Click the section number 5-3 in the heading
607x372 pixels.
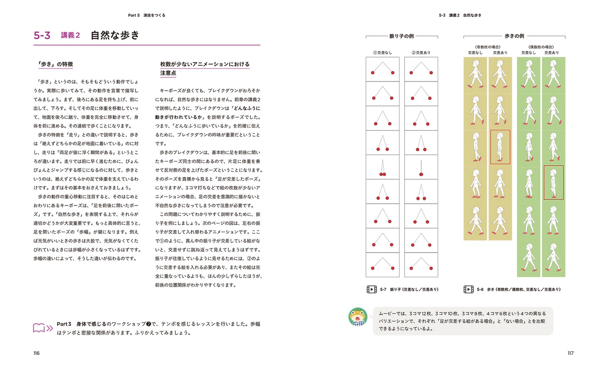coord(42,36)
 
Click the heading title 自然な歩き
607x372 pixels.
coord(115,35)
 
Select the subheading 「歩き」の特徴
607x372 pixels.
coord(56,64)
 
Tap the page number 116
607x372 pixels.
coord(37,353)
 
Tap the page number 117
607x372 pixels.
coord(570,353)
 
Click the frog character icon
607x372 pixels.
coord(358,317)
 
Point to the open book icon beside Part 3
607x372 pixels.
coord(43,328)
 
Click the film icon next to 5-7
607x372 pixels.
coord(372,289)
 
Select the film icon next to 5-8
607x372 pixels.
coord(469,289)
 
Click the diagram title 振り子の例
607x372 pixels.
coord(401,37)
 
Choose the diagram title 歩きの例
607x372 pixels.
coord(514,37)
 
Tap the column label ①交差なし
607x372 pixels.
coord(382,53)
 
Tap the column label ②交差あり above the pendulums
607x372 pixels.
coord(421,53)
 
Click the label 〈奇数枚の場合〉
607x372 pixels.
coord(488,47)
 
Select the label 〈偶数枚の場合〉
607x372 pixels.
coord(541,47)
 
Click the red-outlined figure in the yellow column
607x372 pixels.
coord(500,147)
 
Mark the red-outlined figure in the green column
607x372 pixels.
coord(553,182)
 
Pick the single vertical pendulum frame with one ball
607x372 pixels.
coord(421,167)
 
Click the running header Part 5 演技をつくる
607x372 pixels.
coord(146,15)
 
